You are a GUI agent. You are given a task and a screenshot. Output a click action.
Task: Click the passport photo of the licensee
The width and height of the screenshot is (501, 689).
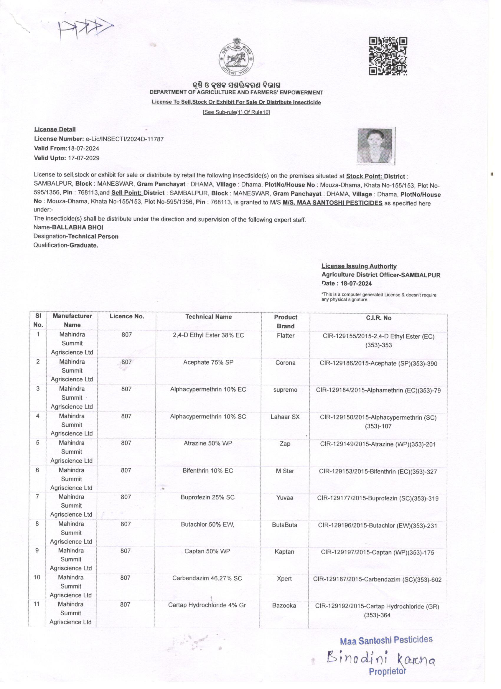click(376, 146)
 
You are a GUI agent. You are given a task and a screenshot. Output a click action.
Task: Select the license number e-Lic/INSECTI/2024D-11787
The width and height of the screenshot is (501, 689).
click(125, 139)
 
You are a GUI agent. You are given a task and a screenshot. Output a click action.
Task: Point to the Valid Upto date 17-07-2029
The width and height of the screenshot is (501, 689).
click(84, 158)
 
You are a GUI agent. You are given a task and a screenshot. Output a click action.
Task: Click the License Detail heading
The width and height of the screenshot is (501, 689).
click(55, 129)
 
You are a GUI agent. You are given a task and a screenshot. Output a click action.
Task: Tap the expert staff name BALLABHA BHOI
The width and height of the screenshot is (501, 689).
click(78, 227)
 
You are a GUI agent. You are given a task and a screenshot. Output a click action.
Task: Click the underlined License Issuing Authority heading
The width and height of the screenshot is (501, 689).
click(359, 266)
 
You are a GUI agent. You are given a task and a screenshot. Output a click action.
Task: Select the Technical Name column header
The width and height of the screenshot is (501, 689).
click(208, 317)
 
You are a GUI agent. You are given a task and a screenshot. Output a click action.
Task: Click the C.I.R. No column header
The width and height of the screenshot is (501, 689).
click(378, 318)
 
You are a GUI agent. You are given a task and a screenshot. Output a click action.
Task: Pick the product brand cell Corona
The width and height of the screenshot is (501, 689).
click(285, 363)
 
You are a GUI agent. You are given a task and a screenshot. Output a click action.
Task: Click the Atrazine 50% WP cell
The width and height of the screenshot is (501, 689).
click(207, 443)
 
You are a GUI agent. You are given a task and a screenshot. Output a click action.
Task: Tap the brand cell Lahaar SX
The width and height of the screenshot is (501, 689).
click(285, 417)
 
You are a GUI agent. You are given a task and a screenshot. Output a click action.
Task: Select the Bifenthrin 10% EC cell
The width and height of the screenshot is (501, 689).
click(207, 471)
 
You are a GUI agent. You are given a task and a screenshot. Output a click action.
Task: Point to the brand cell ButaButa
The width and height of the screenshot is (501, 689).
click(284, 525)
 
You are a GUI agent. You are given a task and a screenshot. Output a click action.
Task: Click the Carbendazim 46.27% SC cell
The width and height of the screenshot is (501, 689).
click(207, 578)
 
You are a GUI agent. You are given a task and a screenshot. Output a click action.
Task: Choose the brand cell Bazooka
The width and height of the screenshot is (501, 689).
click(284, 606)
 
